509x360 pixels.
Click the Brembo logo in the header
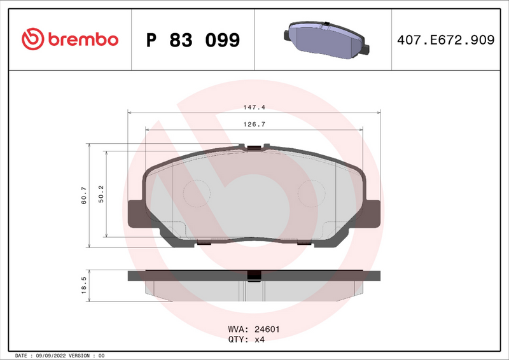tap(70, 39)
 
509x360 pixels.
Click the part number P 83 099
tap(193, 40)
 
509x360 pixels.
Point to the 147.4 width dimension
tap(254, 107)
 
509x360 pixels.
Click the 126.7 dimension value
tap(254, 125)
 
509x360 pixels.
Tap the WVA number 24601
tap(267, 329)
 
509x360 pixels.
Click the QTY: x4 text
tap(246, 340)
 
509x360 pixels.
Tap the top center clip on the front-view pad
tap(254, 149)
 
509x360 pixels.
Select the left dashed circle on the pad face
tap(197, 193)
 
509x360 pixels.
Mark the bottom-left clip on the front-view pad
tap(204, 242)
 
